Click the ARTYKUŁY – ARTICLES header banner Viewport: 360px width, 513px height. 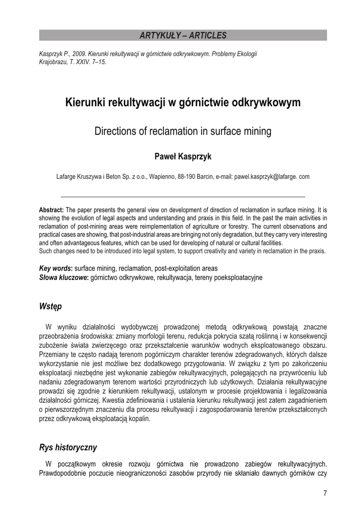[183, 35]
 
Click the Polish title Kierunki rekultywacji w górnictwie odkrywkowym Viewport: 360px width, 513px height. [183, 103]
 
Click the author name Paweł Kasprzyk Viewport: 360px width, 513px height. [183, 157]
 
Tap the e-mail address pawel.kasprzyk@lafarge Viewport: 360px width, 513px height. [266, 176]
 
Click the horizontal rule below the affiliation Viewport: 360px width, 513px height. [183, 196]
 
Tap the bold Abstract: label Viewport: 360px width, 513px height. [51, 210]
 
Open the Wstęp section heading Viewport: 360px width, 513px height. [50, 306]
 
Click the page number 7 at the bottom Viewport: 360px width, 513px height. [325, 494]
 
